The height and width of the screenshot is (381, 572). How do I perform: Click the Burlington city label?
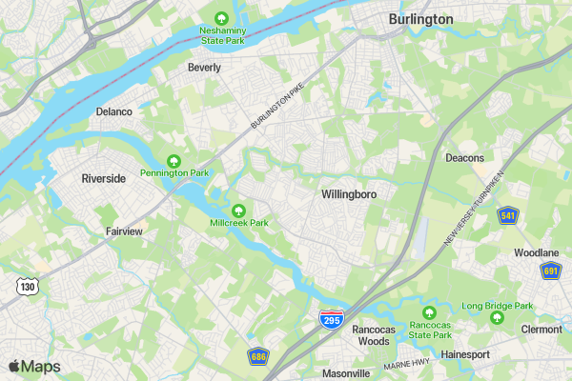click(x=420, y=19)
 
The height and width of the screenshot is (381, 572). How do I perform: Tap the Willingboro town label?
click(x=349, y=194)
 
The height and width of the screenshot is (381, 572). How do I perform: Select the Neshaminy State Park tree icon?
click(x=221, y=18)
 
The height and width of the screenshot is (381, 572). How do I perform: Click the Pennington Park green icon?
click(x=174, y=160)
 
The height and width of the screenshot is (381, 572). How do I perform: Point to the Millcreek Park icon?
click(x=239, y=210)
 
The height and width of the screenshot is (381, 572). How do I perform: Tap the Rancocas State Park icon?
click(x=429, y=312)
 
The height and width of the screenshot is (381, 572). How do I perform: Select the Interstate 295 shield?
click(x=332, y=319)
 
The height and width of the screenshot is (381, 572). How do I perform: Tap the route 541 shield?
click(x=508, y=215)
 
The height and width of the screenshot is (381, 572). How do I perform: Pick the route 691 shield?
click(x=551, y=271)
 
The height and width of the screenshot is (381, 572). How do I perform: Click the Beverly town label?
click(x=204, y=68)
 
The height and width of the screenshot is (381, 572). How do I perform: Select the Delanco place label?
click(x=114, y=111)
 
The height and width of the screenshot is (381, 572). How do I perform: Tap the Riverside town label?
click(x=104, y=178)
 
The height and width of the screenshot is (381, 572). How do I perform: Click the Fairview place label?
click(x=124, y=231)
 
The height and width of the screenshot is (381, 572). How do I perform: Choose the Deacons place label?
click(x=465, y=158)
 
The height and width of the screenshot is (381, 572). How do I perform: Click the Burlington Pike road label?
click(x=282, y=102)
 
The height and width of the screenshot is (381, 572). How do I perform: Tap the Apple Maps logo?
click(x=34, y=367)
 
